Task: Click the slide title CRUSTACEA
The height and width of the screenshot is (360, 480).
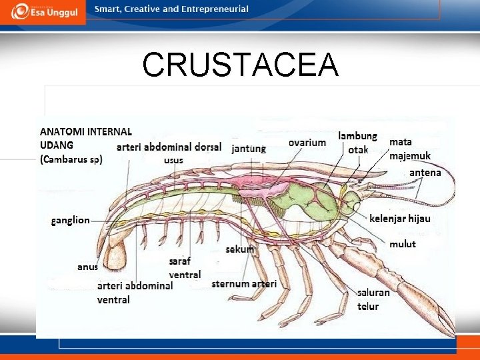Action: tap(240, 65)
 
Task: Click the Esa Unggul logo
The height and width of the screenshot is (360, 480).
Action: tap(43, 12)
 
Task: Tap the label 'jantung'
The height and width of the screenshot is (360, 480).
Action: tap(249, 148)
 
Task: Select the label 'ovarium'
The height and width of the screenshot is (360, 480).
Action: tap(307, 142)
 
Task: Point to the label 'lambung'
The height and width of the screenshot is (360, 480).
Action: tap(357, 136)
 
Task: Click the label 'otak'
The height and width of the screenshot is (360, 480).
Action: tap(358, 149)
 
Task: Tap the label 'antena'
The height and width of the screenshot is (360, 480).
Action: tap(425, 172)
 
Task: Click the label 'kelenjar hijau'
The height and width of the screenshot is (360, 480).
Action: tap(400, 218)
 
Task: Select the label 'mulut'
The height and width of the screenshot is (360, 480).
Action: tap(402, 244)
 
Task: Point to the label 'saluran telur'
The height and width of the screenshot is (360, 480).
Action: tap(373, 299)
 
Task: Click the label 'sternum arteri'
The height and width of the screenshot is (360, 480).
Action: tap(244, 284)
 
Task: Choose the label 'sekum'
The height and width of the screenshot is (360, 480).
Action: tap(239, 249)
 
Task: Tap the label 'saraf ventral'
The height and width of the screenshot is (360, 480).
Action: tap(185, 268)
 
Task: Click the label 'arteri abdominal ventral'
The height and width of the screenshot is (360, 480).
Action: tap(135, 292)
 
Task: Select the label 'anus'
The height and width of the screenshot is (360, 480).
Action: tap(87, 267)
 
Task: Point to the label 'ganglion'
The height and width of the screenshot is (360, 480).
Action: tap(70, 220)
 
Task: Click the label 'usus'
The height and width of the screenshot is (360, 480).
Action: tap(173, 160)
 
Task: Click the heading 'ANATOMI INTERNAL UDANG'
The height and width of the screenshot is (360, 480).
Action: tap(85, 138)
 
